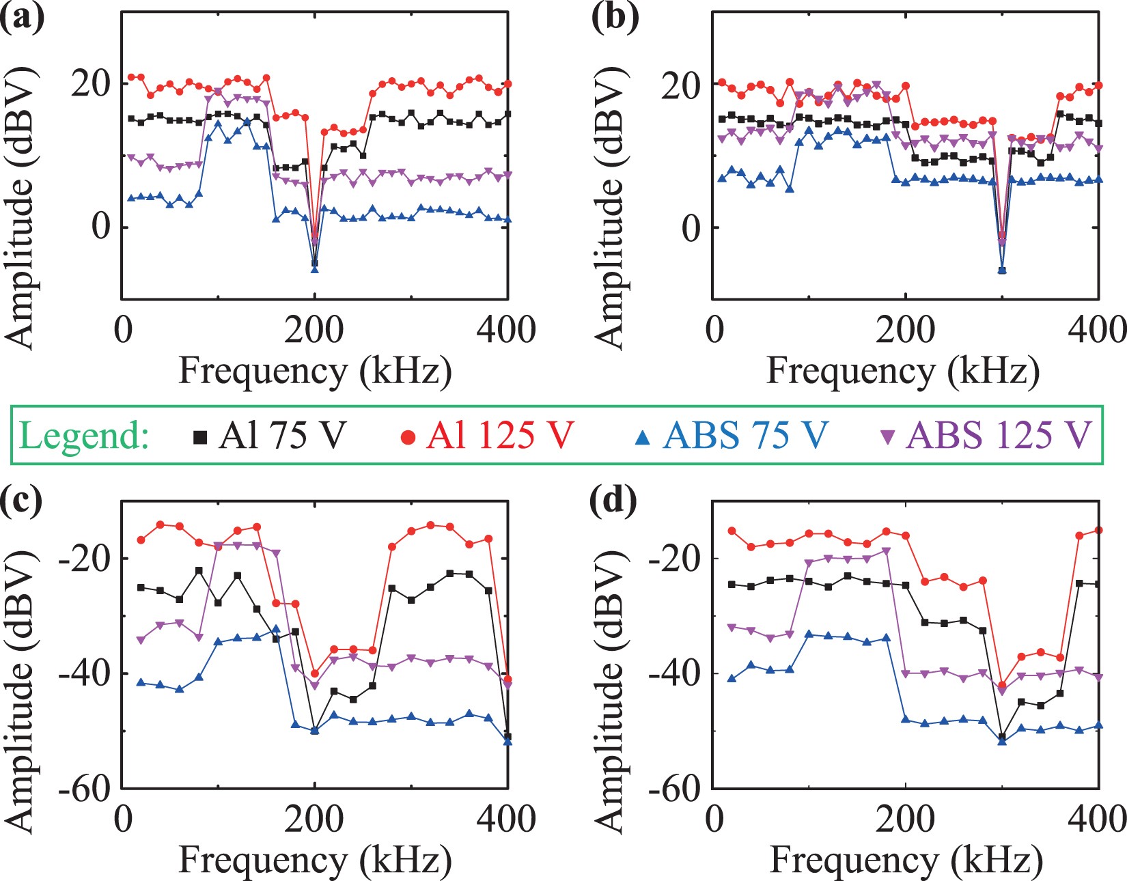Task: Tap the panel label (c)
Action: click(x=22, y=502)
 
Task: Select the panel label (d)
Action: click(x=613, y=502)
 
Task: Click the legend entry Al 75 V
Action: click(x=270, y=436)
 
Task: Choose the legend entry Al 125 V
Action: click(x=487, y=436)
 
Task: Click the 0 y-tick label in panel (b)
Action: click(x=691, y=228)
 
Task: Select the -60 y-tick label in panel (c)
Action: click(x=85, y=789)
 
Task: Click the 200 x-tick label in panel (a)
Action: click(x=314, y=331)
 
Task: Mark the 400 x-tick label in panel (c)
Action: click(x=506, y=819)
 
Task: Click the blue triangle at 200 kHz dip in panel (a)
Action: click(x=315, y=270)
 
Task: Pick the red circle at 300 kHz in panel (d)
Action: click(x=1002, y=685)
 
